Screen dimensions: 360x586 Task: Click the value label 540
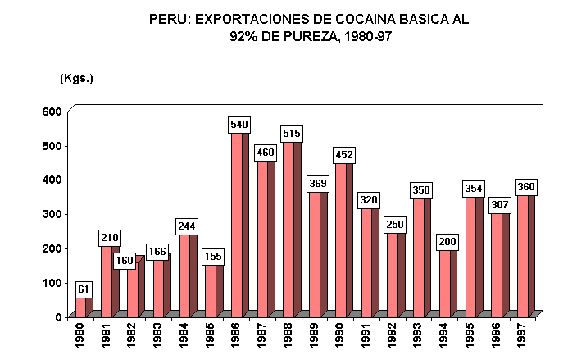click(x=238, y=125)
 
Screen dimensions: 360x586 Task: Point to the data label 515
click(x=291, y=134)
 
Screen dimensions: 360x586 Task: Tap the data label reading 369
click(x=317, y=184)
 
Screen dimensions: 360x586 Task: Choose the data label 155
click(x=213, y=257)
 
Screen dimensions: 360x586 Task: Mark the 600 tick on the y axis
click(x=52, y=112)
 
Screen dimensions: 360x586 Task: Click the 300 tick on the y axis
click(x=52, y=214)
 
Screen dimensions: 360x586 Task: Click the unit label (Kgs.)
click(x=77, y=78)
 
